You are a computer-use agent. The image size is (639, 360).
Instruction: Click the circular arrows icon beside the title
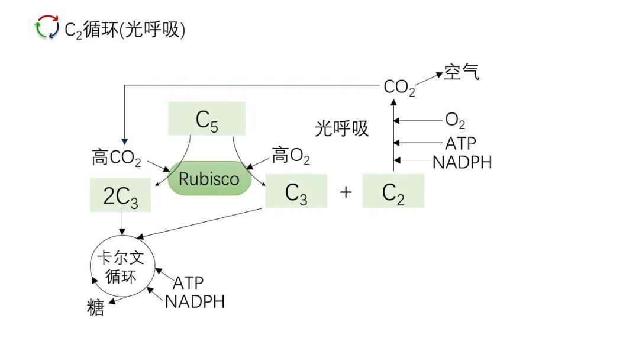pyautogui.click(x=47, y=28)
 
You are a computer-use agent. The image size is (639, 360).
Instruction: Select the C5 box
pyautogui.click(x=206, y=118)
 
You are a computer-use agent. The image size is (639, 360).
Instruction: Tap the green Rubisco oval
pyautogui.click(x=209, y=179)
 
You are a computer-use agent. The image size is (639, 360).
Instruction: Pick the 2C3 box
pyautogui.click(x=121, y=195)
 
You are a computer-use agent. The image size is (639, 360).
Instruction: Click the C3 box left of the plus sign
pyautogui.click(x=296, y=191)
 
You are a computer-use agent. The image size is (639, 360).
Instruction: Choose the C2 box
pyautogui.click(x=393, y=191)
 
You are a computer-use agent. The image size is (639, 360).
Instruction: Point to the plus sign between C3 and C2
pyautogui.click(x=346, y=192)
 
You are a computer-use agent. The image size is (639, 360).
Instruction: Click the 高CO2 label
pyautogui.click(x=117, y=158)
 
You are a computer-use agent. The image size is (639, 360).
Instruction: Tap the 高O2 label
pyautogui.click(x=291, y=156)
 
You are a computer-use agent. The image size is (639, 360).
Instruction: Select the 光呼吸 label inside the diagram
pyautogui.click(x=341, y=128)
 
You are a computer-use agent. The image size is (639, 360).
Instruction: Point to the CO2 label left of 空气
pyautogui.click(x=399, y=88)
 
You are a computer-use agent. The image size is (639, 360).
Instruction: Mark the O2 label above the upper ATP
pyautogui.click(x=455, y=121)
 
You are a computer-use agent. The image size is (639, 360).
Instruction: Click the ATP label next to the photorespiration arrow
pyautogui.click(x=460, y=143)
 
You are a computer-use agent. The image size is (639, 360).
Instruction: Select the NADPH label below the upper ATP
pyautogui.click(x=462, y=162)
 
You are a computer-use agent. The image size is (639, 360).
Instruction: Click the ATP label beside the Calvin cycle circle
pyautogui.click(x=188, y=283)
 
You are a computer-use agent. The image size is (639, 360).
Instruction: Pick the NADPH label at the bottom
pyautogui.click(x=195, y=301)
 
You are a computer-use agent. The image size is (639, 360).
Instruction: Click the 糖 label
pyautogui.click(x=95, y=308)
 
